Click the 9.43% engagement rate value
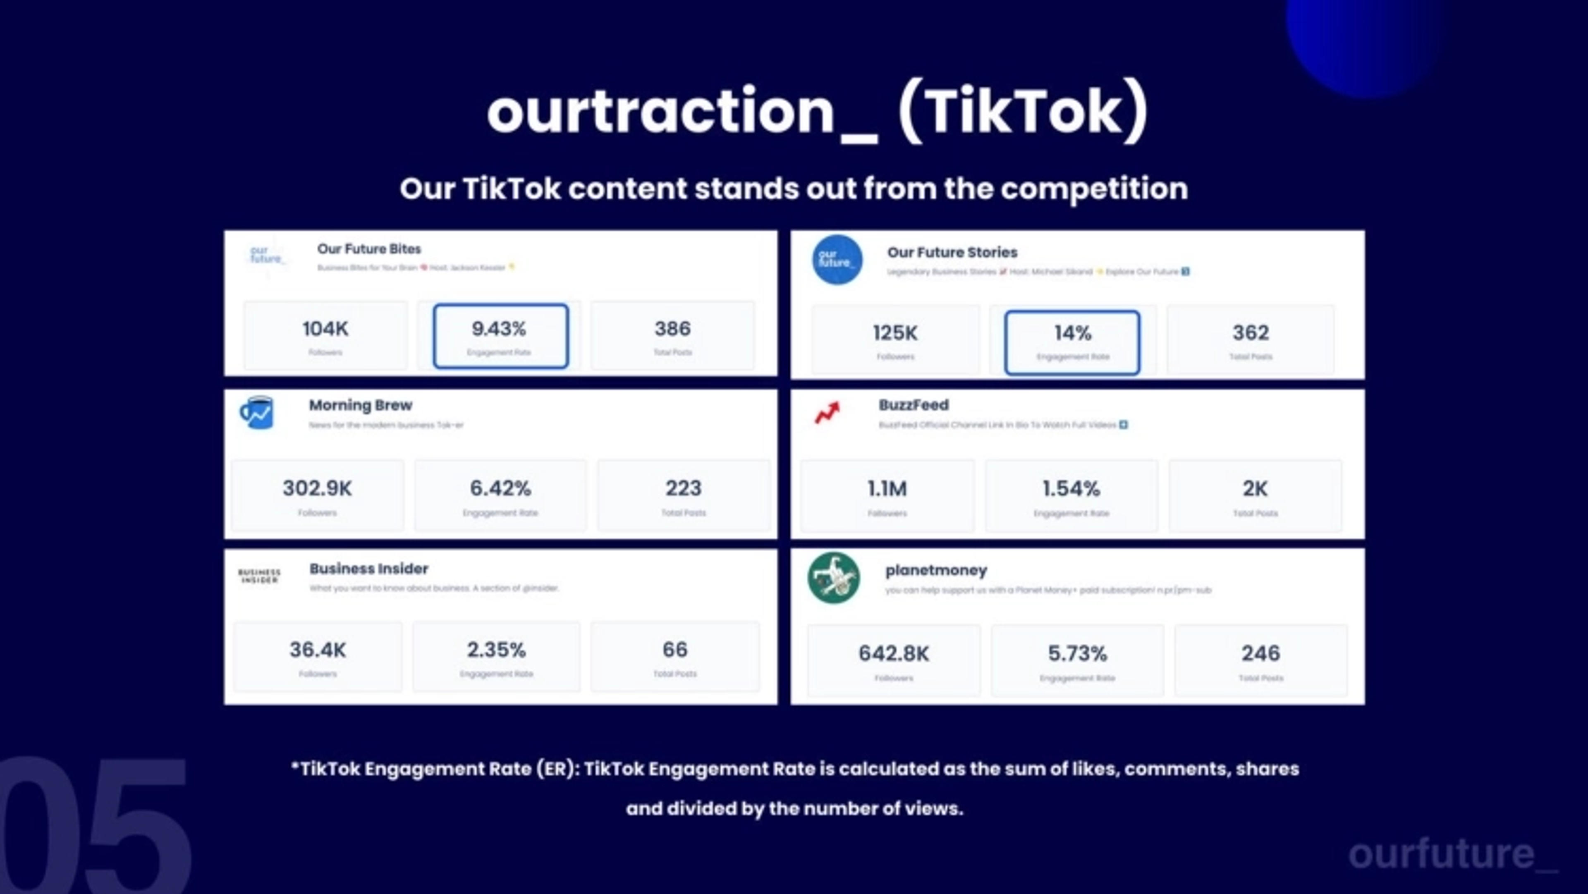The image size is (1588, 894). click(x=499, y=329)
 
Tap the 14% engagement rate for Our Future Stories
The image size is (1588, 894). click(x=1073, y=334)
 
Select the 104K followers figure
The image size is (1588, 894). click(x=325, y=329)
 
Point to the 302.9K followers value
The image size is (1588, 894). click(x=317, y=488)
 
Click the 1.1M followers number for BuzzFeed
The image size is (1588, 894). click(x=887, y=489)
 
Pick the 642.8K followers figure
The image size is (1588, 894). click(x=894, y=653)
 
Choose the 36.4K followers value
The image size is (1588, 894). click(x=318, y=650)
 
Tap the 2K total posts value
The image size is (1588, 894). click(x=1255, y=489)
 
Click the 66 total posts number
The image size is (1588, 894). click(x=674, y=650)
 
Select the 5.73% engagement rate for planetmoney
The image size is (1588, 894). click(x=1077, y=653)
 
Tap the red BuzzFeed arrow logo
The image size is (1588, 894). click(x=827, y=413)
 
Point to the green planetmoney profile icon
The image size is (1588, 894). click(x=833, y=578)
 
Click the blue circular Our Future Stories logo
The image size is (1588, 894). click(x=837, y=260)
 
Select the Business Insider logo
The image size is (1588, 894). click(x=259, y=576)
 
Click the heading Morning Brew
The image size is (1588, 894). click(x=360, y=405)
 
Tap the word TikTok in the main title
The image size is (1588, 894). click(x=1024, y=112)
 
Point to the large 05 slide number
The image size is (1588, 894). click(x=93, y=826)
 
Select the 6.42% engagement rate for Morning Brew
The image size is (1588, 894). click(x=500, y=488)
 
